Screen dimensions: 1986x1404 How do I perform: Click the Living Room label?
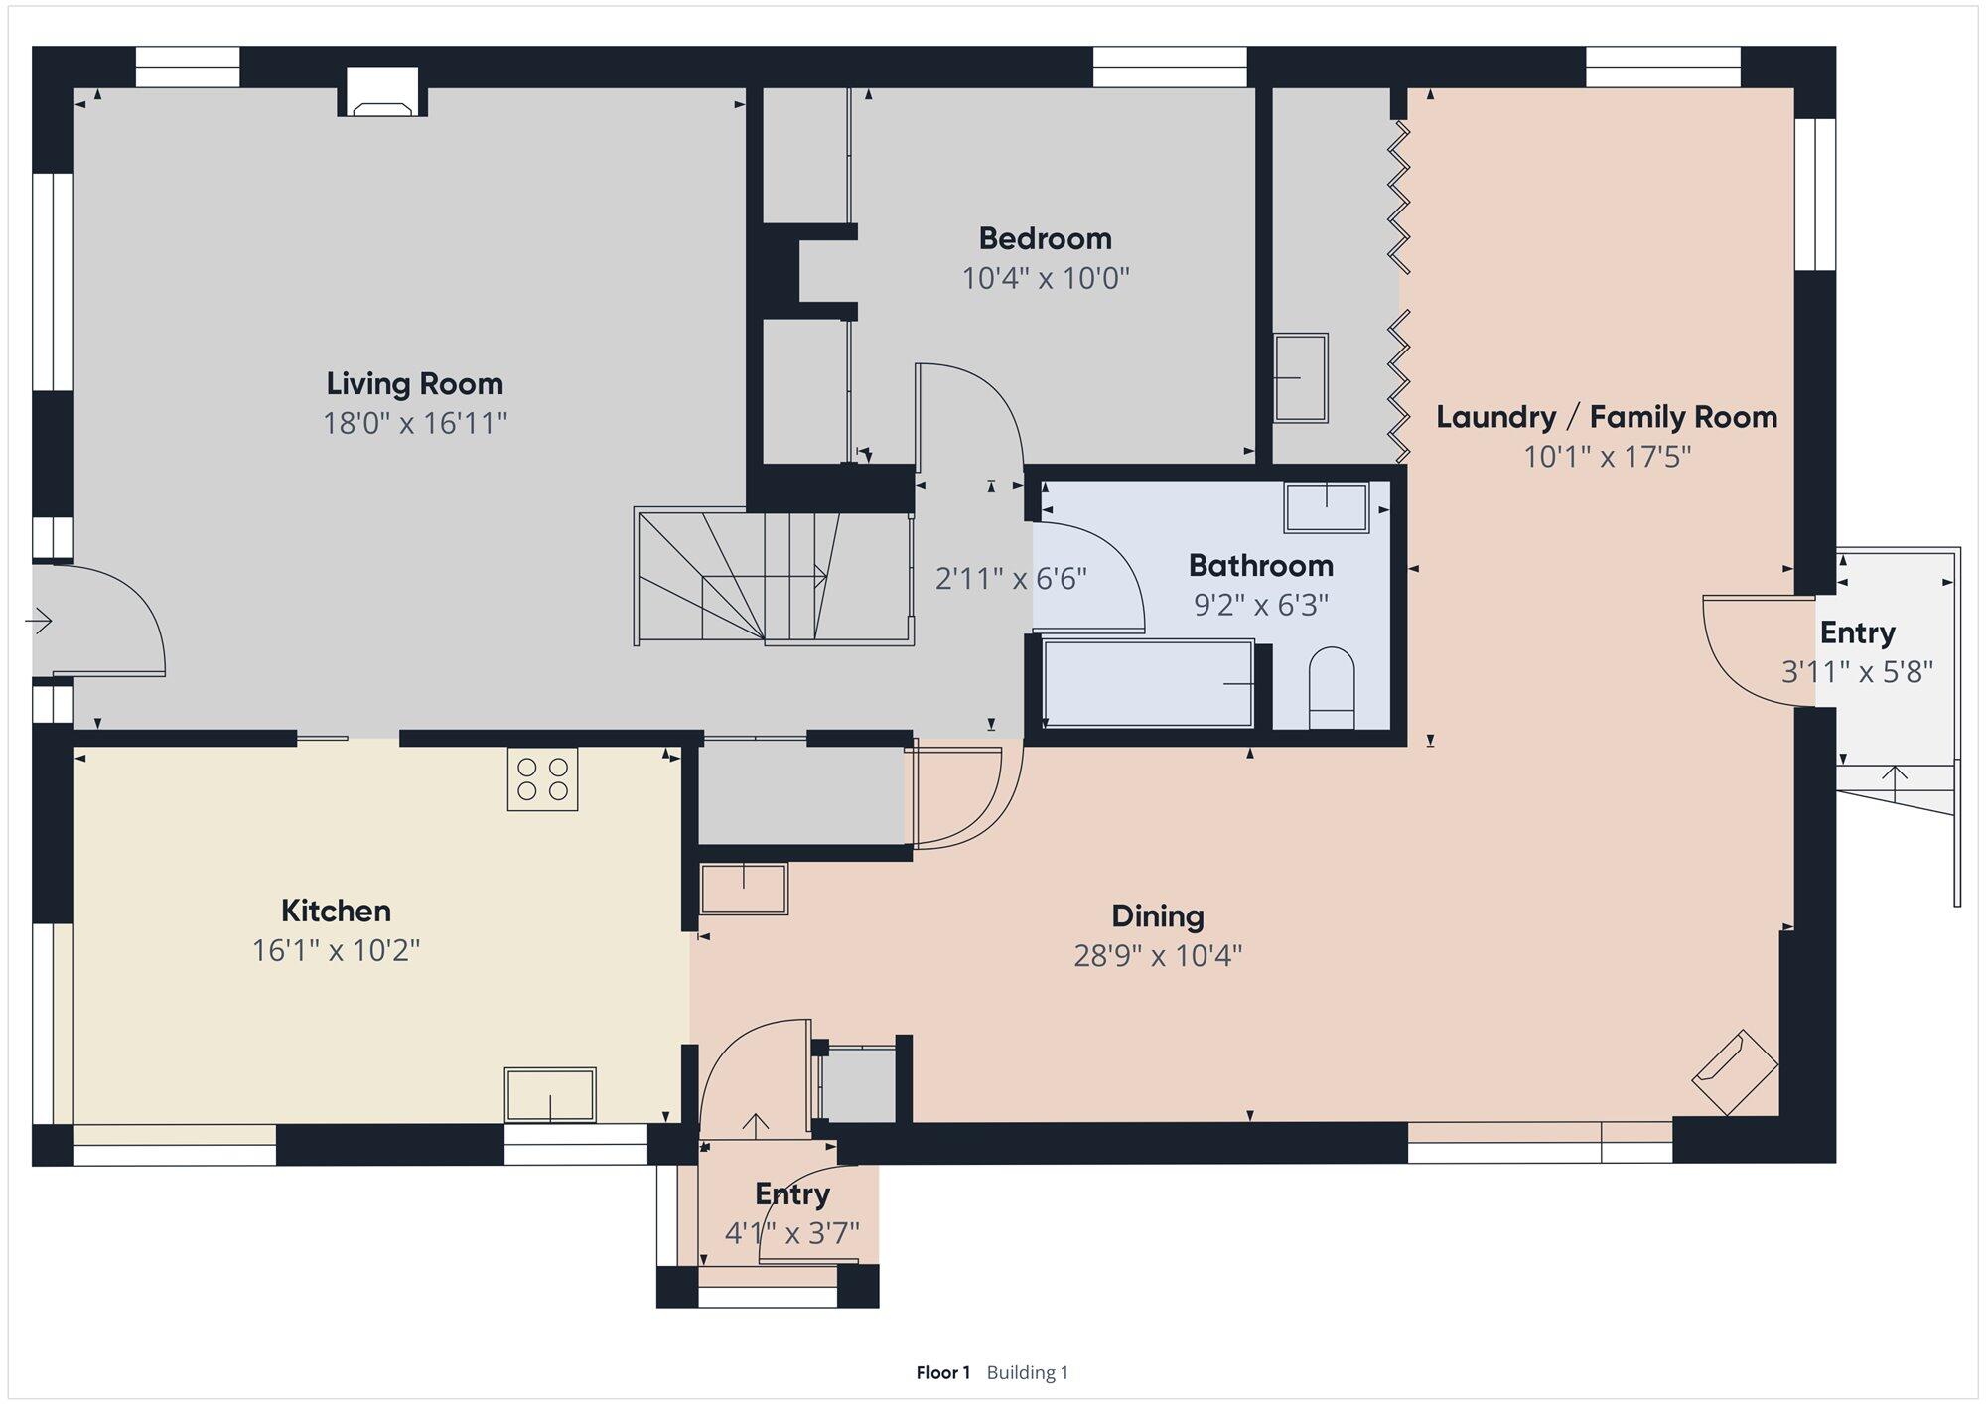click(415, 384)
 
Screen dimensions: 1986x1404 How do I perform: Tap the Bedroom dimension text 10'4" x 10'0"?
click(1046, 278)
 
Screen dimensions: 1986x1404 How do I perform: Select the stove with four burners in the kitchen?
click(542, 778)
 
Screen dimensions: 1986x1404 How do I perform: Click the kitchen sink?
click(550, 1095)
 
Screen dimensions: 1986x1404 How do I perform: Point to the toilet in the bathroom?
click(1332, 688)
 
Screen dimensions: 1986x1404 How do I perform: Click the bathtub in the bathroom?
click(1148, 683)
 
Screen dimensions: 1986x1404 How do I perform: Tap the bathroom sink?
click(1327, 506)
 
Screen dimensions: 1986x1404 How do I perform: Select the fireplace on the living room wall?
click(383, 92)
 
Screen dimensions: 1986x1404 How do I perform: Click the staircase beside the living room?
click(774, 577)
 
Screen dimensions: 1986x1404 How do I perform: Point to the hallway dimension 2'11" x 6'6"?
click(1011, 578)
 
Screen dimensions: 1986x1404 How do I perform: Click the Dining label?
click(1158, 915)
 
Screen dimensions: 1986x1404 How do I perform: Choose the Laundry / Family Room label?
click(1607, 417)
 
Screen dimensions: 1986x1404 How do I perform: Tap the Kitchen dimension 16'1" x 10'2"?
click(336, 951)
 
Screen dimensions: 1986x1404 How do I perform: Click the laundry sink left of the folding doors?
click(1301, 377)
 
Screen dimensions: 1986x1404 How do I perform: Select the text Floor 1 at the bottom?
click(942, 1372)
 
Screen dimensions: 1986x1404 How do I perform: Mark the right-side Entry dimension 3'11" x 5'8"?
click(1858, 672)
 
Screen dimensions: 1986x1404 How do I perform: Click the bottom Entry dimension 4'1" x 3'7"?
click(792, 1233)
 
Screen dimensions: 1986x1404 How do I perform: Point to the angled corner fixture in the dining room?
click(1734, 1072)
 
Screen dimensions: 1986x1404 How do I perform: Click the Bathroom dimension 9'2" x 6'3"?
click(1261, 605)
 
